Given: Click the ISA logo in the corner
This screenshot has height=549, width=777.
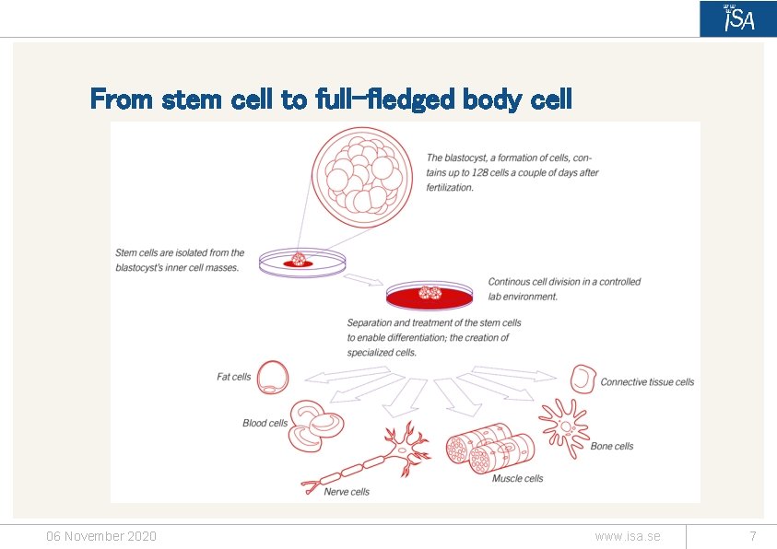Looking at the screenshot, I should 737,18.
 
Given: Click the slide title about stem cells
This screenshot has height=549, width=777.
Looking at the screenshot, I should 331,99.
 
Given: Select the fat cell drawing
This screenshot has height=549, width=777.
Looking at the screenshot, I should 272,377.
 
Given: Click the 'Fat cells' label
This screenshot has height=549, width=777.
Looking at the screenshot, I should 234,377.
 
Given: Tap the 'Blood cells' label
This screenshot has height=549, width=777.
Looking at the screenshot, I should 265,424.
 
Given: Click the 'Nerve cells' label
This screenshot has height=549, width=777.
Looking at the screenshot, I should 347,492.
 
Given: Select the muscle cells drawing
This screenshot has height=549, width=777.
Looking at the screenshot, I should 489,448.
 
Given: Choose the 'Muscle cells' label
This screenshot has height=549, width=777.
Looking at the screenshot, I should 517,479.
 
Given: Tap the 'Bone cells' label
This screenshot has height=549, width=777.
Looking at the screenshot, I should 612,447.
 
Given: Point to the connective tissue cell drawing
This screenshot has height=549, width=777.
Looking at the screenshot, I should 583,379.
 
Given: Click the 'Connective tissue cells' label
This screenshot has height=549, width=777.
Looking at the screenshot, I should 647,382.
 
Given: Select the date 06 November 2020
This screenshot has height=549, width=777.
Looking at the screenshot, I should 101,536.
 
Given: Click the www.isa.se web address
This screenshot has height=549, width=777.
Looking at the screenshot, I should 628,536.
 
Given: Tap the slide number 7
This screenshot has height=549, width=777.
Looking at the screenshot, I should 753,536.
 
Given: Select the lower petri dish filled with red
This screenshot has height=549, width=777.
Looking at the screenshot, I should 430,296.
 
